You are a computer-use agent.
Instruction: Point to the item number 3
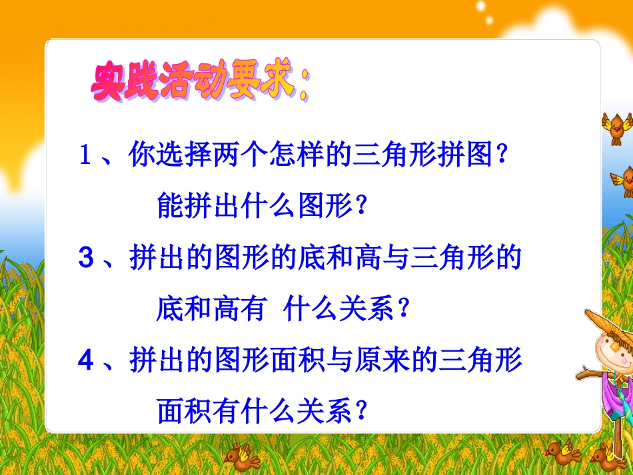(85, 258)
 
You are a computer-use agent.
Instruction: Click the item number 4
(85, 360)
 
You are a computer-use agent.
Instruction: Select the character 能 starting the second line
(170, 207)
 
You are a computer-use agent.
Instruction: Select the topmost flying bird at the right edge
(616, 127)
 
